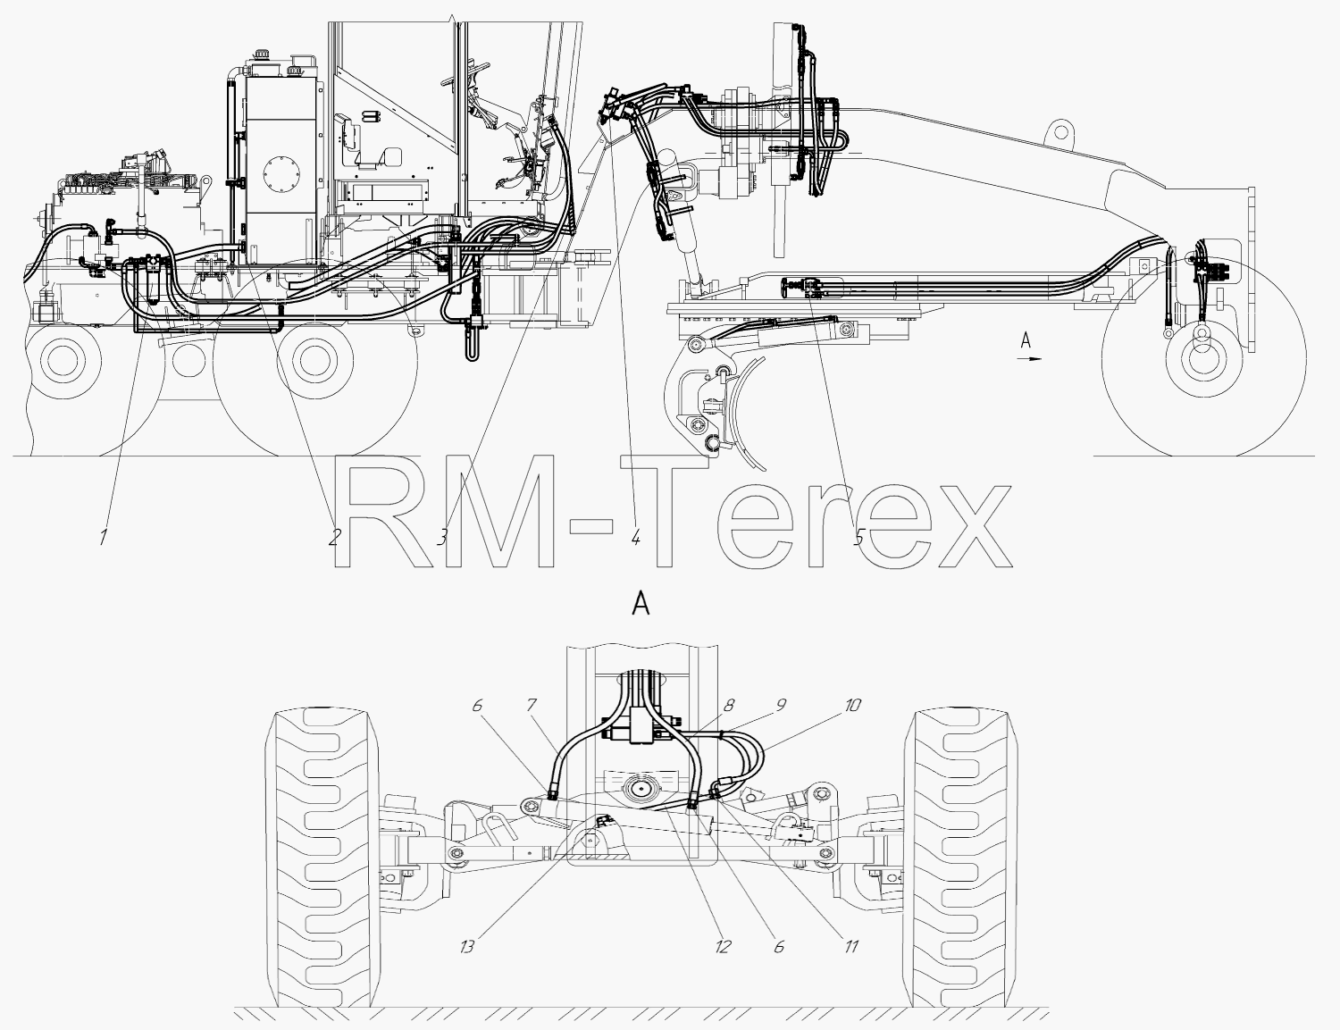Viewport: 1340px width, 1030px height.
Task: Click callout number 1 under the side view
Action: click(104, 537)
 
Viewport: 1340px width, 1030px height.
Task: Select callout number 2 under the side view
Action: click(333, 537)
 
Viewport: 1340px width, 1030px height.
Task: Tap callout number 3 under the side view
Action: click(441, 537)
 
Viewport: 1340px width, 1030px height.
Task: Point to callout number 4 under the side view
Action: click(635, 537)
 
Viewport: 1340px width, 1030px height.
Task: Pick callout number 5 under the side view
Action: click(859, 537)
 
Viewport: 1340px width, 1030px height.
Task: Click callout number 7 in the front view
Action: click(532, 705)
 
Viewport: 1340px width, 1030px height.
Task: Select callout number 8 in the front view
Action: click(728, 705)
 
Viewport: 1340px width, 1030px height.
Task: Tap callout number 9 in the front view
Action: click(781, 705)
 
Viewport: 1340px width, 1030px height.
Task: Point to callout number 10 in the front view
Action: click(851, 705)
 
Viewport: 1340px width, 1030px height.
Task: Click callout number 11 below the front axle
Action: click(851, 946)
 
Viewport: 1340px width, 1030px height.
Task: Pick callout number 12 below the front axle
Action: click(723, 946)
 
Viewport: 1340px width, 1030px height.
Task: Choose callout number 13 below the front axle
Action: click(467, 946)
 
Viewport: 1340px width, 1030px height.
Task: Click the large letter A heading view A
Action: click(641, 605)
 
